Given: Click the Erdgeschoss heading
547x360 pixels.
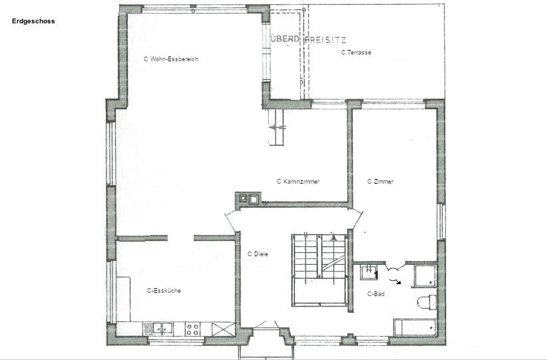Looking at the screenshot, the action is click(33, 21).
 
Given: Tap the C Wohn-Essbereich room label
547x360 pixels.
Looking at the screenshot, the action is click(171, 59).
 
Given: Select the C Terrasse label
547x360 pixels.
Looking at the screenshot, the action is click(356, 53).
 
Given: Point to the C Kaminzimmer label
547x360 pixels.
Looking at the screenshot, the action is click(298, 182).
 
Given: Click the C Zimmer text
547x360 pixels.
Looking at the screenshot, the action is click(380, 182).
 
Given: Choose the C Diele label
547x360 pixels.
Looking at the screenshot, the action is click(258, 254).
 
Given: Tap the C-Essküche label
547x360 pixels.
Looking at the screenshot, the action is click(164, 291).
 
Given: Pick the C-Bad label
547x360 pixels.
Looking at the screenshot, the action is click(376, 294).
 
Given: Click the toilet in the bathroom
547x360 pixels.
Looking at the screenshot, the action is click(427, 303).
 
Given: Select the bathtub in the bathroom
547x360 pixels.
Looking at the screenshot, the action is click(415, 327).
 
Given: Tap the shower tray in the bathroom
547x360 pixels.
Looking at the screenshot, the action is click(425, 276).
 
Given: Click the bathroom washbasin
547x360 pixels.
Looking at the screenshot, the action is click(369, 272).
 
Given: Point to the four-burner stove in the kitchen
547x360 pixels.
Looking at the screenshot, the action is click(192, 329).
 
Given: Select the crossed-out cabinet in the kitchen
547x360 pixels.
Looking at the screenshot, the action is click(224, 329).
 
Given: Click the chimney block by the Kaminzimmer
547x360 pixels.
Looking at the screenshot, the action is click(248, 199).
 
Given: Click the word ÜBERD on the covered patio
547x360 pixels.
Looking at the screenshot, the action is click(285, 39).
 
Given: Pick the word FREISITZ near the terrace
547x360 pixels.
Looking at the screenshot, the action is click(325, 40).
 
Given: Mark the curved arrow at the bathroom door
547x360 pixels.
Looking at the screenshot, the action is click(397, 281).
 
